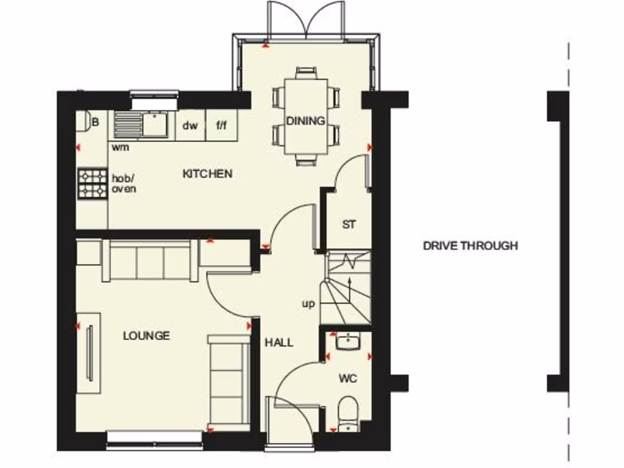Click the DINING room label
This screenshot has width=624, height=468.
[x=306, y=121]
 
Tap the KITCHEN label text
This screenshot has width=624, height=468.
[x=207, y=174]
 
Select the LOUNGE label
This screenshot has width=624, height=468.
[x=146, y=335]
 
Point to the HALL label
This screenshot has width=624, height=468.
[x=278, y=342]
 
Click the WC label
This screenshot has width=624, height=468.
[x=348, y=378]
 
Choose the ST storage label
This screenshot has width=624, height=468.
[x=348, y=224]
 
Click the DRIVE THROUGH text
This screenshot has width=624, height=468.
[x=470, y=246]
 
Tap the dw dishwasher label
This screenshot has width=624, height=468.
[x=190, y=126]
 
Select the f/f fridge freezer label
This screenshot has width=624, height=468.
[x=221, y=126]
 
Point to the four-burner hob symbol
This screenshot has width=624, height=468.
[x=92, y=183]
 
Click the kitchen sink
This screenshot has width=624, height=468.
[x=141, y=124]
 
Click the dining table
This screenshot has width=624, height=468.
[x=306, y=116]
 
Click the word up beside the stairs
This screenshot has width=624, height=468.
[x=308, y=303]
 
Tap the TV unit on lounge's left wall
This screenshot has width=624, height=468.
[x=89, y=353]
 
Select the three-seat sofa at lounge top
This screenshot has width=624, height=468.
[x=151, y=260]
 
